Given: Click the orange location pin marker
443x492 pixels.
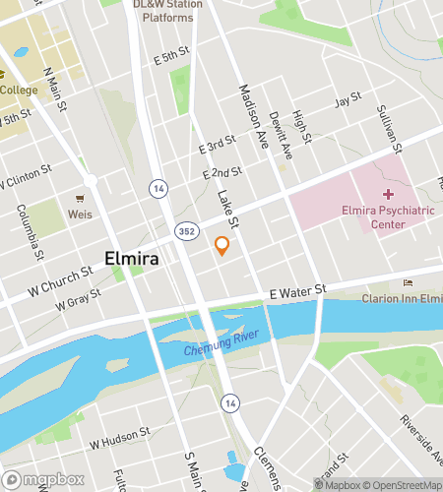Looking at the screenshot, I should point(222,246).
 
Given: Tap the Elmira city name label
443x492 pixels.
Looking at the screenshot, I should point(134,261).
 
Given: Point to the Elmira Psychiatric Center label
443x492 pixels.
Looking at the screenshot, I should point(387,217).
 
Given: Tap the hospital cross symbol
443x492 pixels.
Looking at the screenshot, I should point(387,194).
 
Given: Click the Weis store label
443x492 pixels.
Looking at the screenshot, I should point(80,213).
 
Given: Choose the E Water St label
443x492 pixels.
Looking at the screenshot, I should point(296,290).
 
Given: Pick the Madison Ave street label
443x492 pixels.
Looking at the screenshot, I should point(253,116).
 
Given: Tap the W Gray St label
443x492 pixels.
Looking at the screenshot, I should point(79,300).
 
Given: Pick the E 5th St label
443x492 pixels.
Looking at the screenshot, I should point(170,60).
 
